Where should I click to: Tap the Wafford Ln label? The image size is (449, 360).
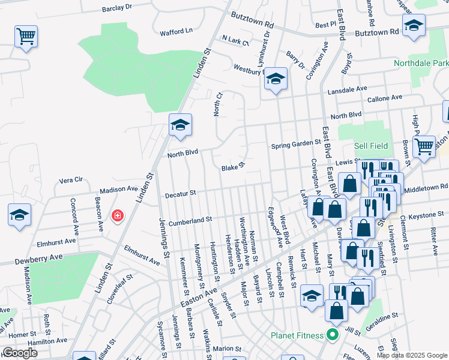click(176, 30)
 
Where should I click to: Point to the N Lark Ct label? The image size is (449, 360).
click(235, 41)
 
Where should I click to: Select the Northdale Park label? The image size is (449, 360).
click(421, 63)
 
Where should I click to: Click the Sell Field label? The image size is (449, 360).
click(371, 146)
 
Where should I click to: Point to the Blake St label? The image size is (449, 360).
click(234, 167)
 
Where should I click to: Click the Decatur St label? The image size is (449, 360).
click(181, 194)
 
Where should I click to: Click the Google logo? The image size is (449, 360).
click(19, 352)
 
